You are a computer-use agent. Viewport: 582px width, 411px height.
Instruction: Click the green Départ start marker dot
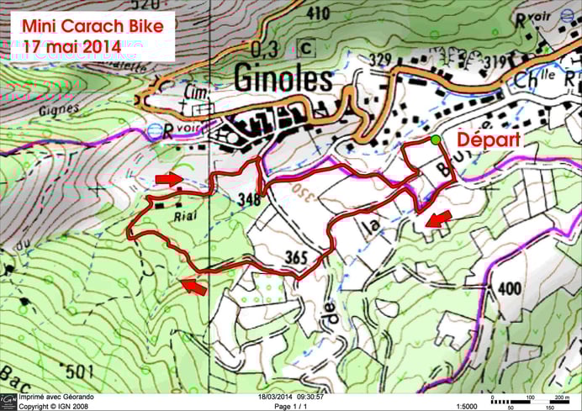coord(435,140)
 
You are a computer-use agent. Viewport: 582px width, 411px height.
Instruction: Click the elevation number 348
coord(250,201)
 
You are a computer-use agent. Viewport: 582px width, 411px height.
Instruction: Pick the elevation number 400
coord(510,288)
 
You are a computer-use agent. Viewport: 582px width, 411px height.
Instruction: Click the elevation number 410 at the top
coord(319,13)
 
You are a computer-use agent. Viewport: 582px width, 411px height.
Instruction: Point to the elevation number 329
coord(381,59)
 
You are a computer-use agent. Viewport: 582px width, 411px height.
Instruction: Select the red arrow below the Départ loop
coord(436,219)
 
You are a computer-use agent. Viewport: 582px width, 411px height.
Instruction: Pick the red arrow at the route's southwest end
coord(193,287)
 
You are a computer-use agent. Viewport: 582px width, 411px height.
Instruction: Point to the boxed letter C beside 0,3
coord(304,49)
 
